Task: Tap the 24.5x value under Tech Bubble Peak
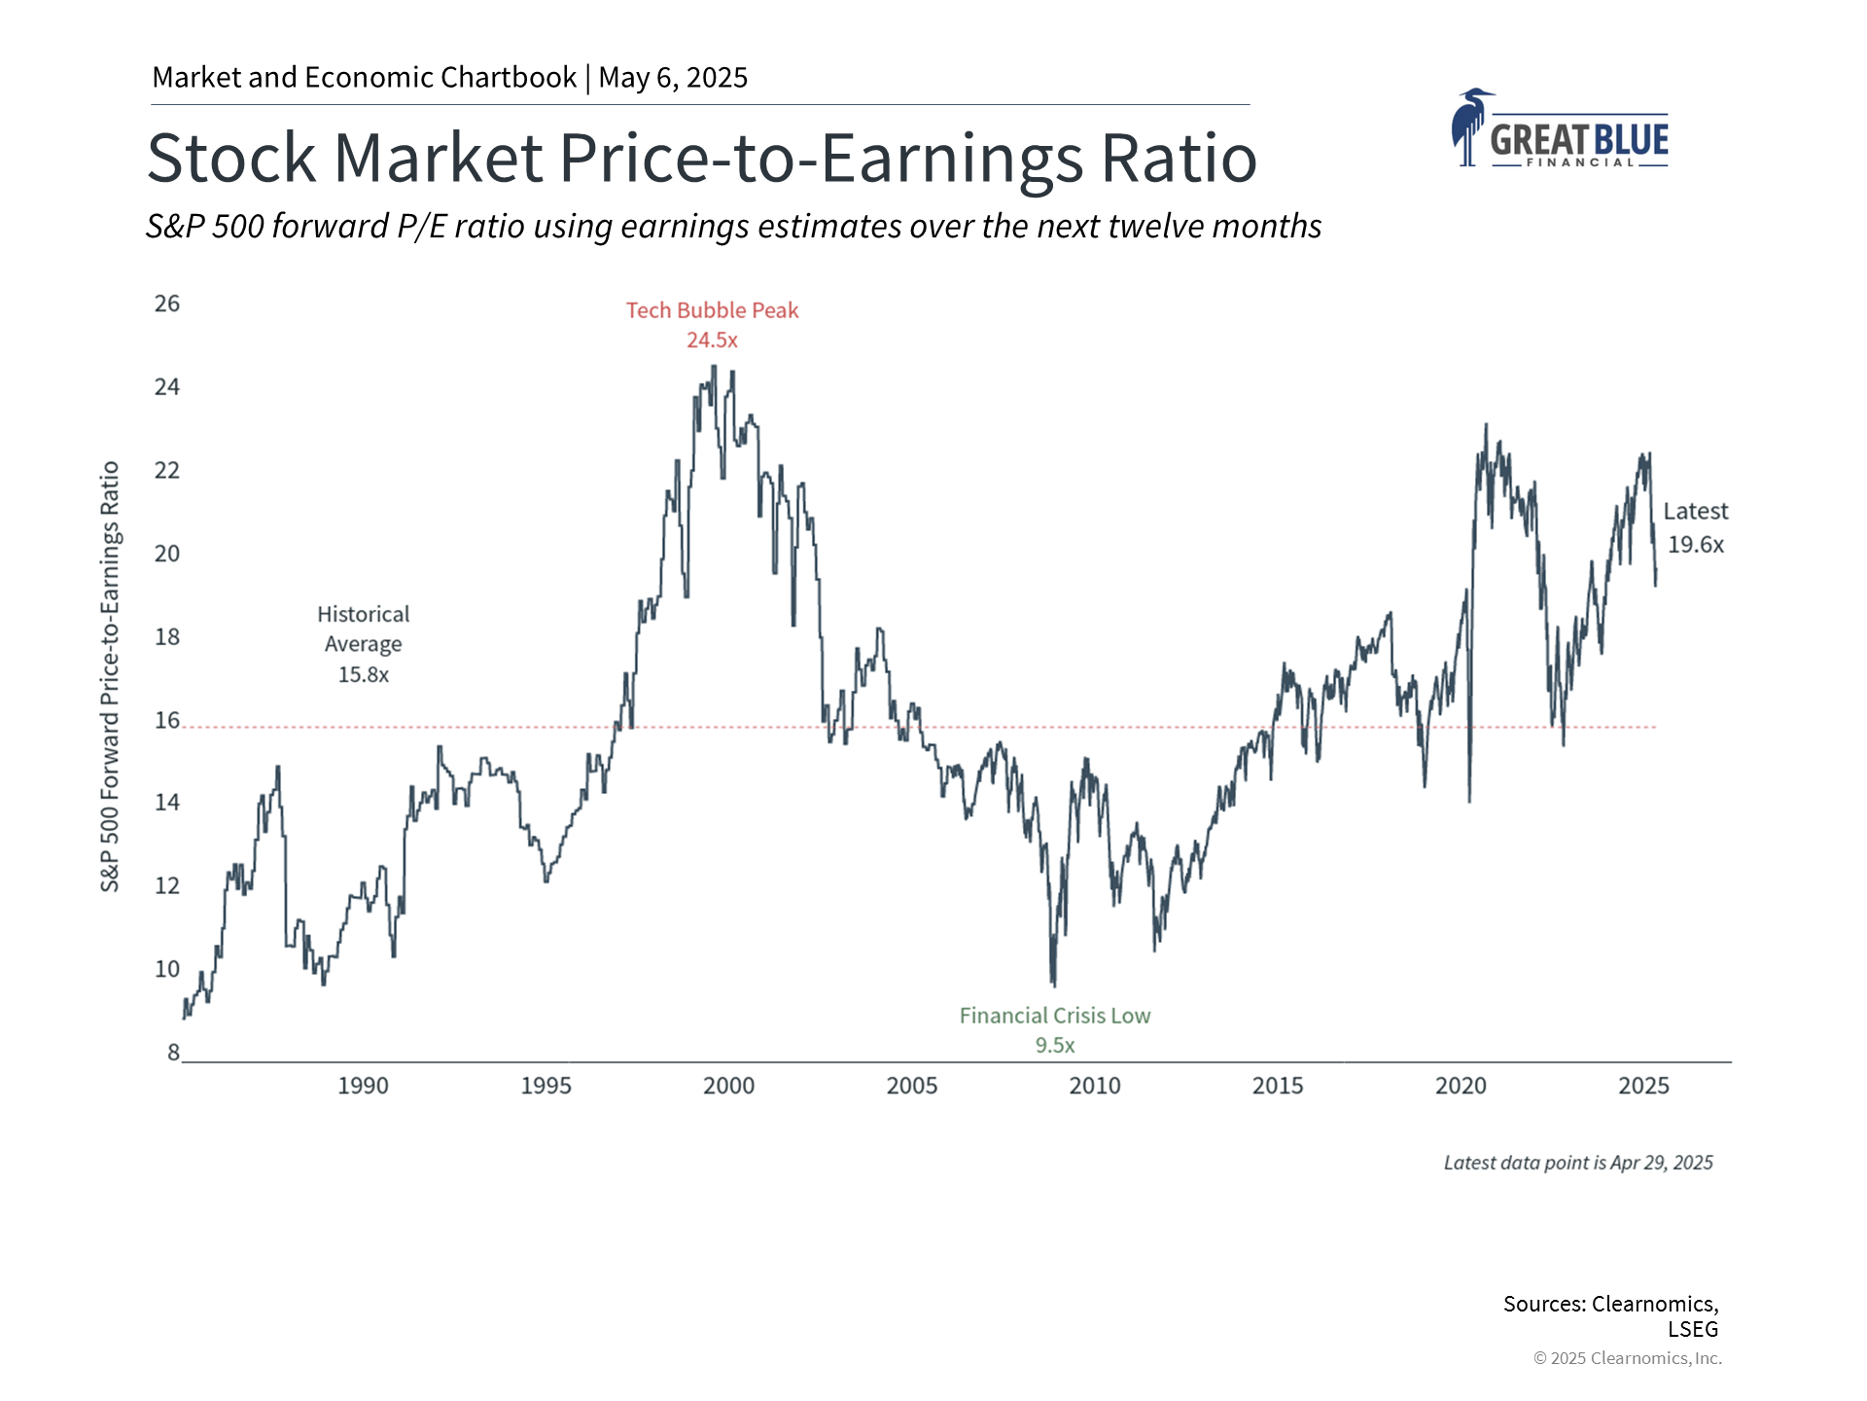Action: tap(712, 341)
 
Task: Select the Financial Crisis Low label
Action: tap(1054, 1016)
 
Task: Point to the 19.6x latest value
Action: tap(1696, 545)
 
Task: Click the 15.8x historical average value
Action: tap(363, 675)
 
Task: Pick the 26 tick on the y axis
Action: tap(167, 304)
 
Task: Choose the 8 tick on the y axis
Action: tap(173, 1053)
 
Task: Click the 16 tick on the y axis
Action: tap(167, 720)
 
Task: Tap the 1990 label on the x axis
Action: tap(363, 1086)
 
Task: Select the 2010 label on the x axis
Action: tap(1095, 1086)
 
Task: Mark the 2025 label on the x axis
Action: tap(1643, 1086)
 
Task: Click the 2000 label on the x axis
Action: tap(728, 1086)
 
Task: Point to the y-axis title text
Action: tap(110, 676)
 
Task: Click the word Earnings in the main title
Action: tap(952, 158)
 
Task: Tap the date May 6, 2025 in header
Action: tap(673, 78)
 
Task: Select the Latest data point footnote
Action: tap(1577, 1163)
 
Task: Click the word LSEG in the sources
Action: tap(1693, 1329)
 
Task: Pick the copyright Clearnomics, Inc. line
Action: tap(1627, 1358)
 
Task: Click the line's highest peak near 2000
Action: tap(715, 367)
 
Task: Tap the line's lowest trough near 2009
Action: tap(1054, 985)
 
